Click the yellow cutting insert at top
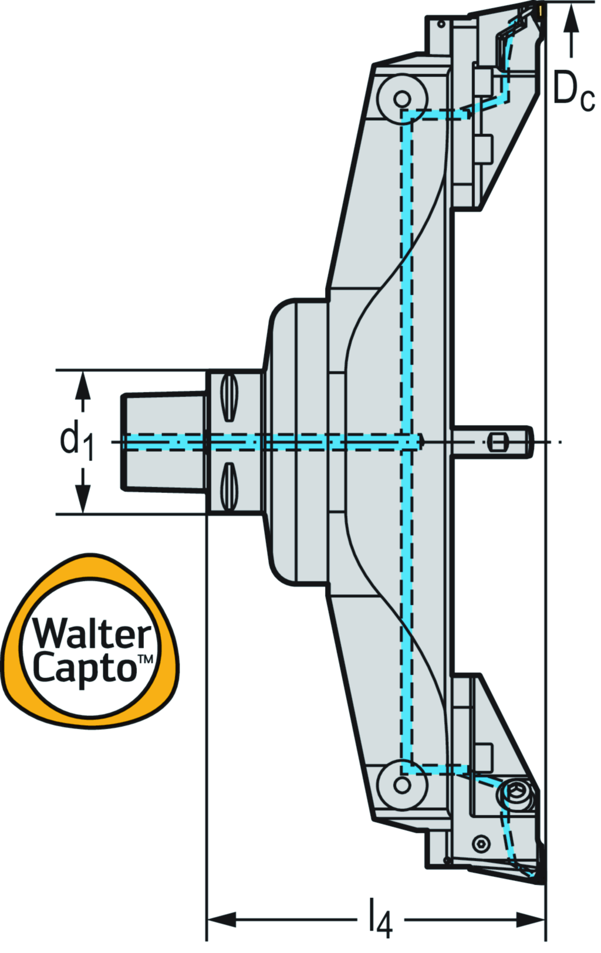[x=538, y=11]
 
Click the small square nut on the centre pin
[x=497, y=442]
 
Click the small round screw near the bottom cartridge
[x=482, y=843]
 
